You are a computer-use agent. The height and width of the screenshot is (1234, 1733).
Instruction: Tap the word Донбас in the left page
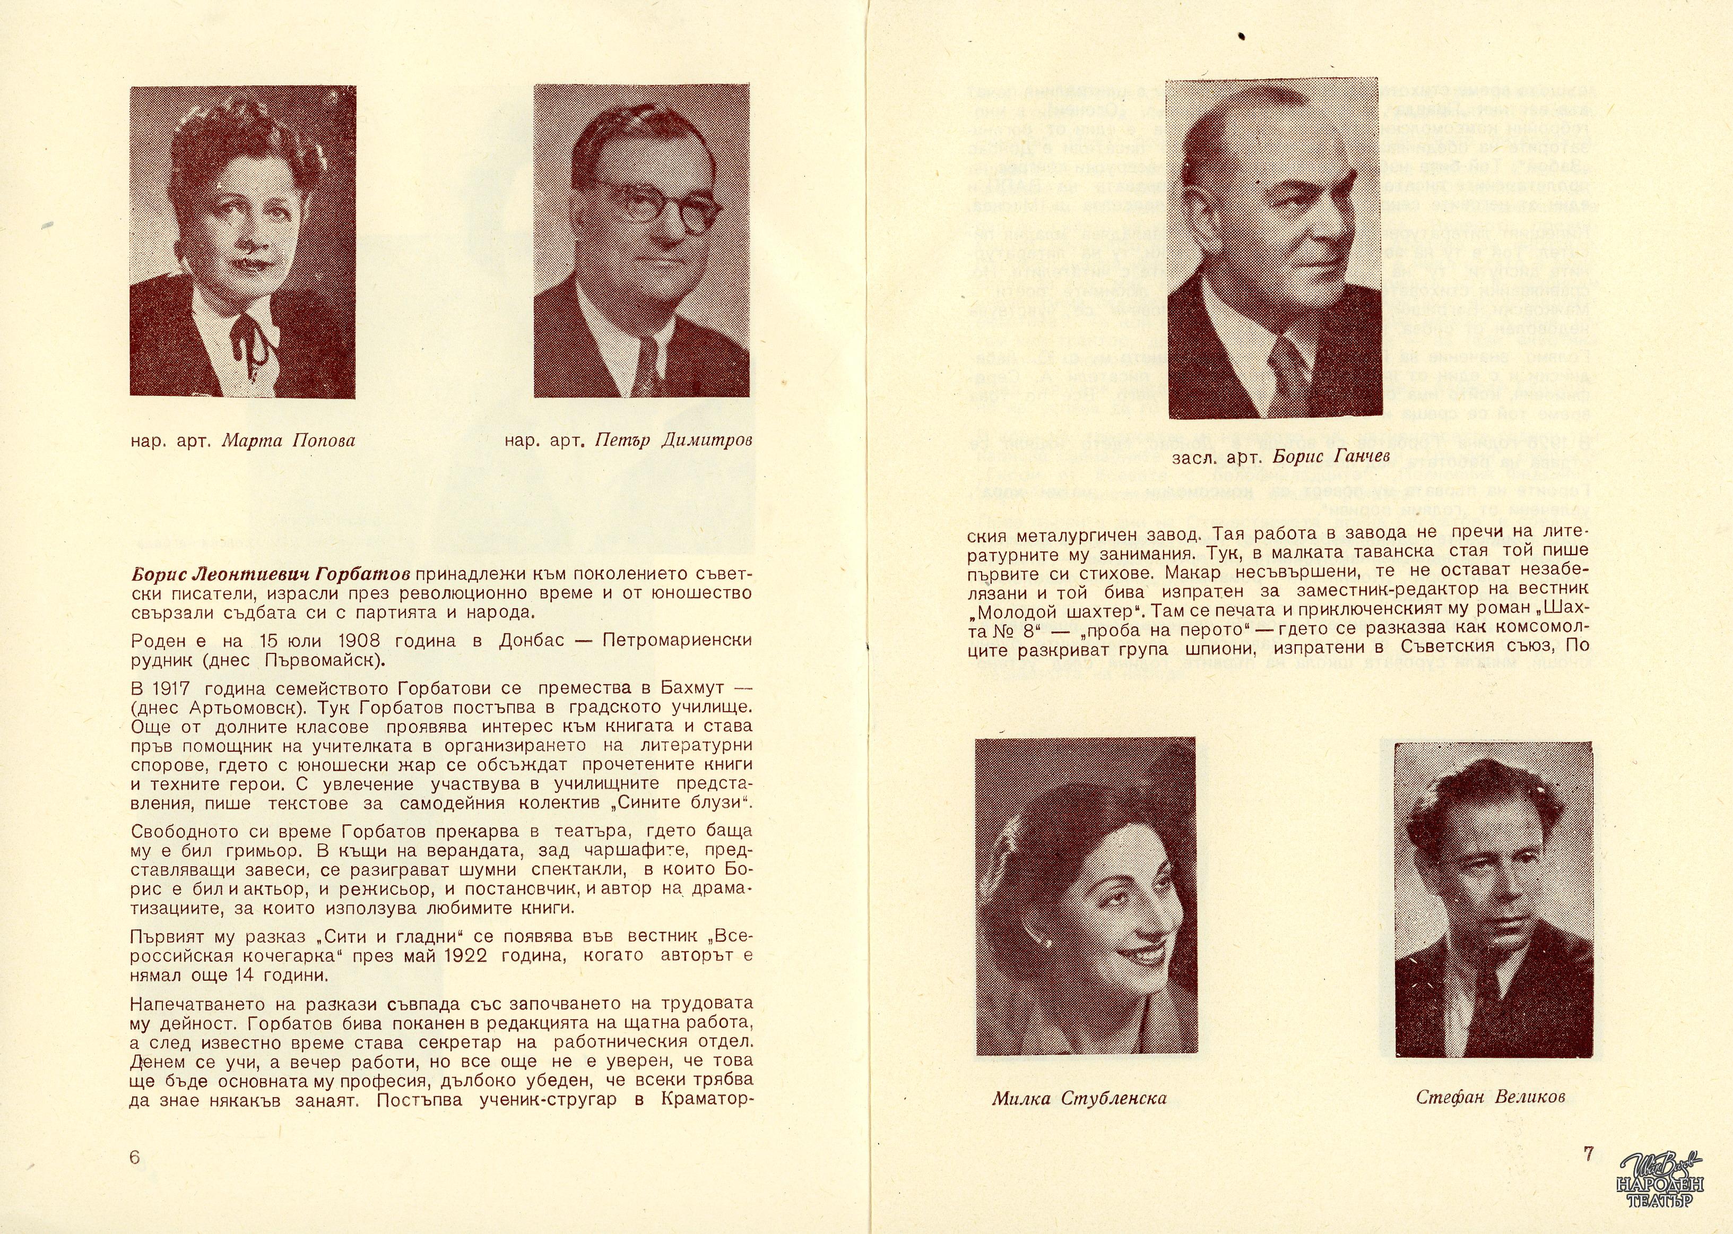[531, 641]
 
